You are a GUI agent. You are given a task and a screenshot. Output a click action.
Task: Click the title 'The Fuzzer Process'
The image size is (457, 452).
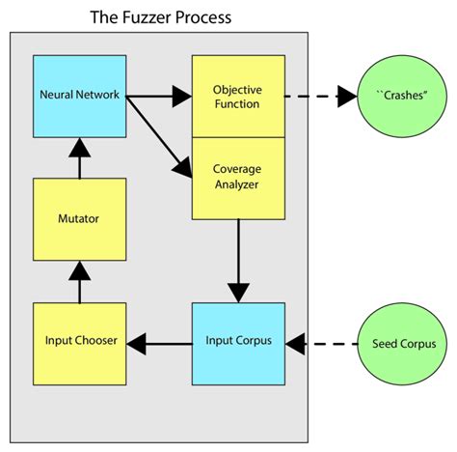pyautogui.click(x=160, y=16)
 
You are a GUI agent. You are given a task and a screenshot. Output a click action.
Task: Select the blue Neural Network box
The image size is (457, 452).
pyautogui.click(x=79, y=96)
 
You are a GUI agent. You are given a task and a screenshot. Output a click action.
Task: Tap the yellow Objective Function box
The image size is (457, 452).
pyautogui.click(x=238, y=96)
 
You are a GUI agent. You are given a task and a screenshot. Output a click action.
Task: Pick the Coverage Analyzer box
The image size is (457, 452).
pyautogui.click(x=238, y=177)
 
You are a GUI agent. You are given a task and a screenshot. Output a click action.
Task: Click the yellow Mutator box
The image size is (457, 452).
pyautogui.click(x=79, y=219)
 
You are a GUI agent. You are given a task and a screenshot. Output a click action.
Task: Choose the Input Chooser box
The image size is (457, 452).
pyautogui.click(x=79, y=343)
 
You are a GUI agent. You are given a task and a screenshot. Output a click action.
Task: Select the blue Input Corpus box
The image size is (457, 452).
pyautogui.click(x=238, y=343)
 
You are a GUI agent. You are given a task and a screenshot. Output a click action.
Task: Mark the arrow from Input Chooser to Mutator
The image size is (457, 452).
pyautogui.click(x=79, y=281)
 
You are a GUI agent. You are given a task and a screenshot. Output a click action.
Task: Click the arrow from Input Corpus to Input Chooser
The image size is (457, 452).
pyautogui.click(x=159, y=343)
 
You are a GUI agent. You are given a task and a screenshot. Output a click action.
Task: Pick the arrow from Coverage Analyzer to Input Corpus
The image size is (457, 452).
pyautogui.click(x=238, y=260)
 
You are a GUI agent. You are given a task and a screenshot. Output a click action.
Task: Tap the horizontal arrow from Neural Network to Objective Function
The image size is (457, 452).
pyautogui.click(x=159, y=96)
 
